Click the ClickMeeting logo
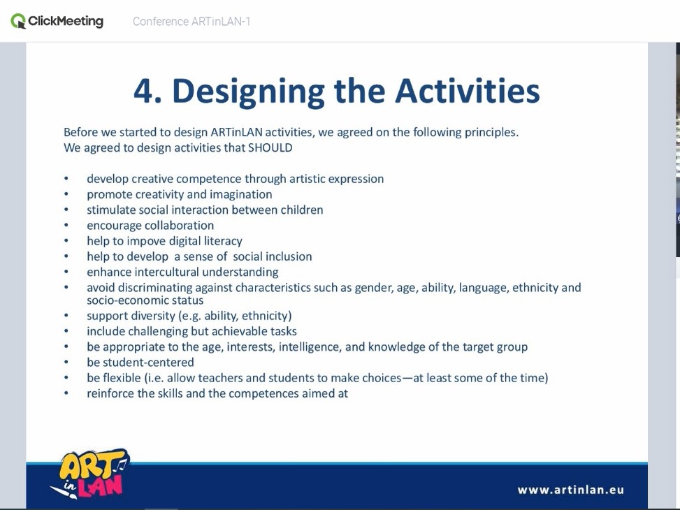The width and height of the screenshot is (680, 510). coord(57,21)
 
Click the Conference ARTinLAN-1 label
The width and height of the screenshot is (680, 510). coord(191,21)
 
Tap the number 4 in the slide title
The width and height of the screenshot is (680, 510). coord(142,91)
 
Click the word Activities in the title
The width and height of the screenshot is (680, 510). coord(468,91)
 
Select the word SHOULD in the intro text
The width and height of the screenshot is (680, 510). coord(270,147)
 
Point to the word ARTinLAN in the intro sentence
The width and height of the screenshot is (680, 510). coord(237,132)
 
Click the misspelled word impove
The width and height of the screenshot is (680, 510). coord(145,241)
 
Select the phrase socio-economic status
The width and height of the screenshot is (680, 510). coord(145,300)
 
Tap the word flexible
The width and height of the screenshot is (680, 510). coord(122,378)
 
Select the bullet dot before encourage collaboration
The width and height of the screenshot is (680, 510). coord(66,226)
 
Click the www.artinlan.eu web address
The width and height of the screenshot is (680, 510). coord(571,490)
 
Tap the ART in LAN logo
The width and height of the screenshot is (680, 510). coord(90,474)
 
